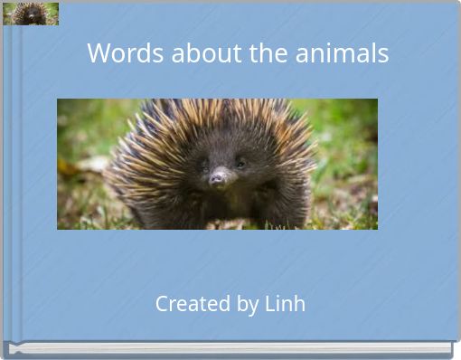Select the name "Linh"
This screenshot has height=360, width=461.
click(285, 304)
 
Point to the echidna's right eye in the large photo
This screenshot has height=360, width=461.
click(240, 163)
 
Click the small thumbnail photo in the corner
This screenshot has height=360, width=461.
click(31, 14)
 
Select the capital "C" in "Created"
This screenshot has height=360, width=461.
click(163, 304)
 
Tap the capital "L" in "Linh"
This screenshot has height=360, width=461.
click(269, 304)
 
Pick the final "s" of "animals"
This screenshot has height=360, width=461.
click(383, 54)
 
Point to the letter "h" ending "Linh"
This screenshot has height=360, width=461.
click(299, 304)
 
